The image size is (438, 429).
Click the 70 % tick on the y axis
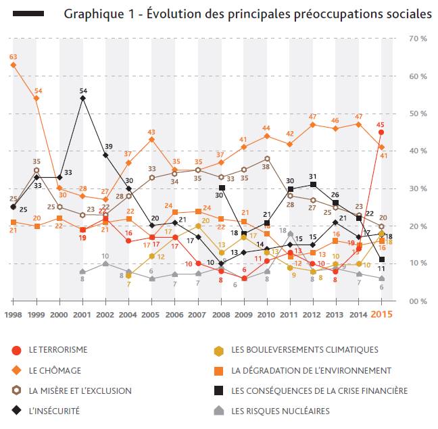(418, 39)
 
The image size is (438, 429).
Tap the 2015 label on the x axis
(382, 314)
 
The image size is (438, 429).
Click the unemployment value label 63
(13, 57)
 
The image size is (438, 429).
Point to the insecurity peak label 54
(83, 90)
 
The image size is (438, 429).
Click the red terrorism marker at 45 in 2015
(381, 132)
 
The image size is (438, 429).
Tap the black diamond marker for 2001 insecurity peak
(82, 99)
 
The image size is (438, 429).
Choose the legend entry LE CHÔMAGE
(54, 370)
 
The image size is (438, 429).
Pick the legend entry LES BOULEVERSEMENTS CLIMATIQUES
(304, 350)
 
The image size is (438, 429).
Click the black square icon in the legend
(217, 390)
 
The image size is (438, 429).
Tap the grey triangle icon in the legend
(217, 410)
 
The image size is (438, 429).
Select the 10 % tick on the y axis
(418, 263)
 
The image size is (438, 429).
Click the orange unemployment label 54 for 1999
(37, 91)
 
